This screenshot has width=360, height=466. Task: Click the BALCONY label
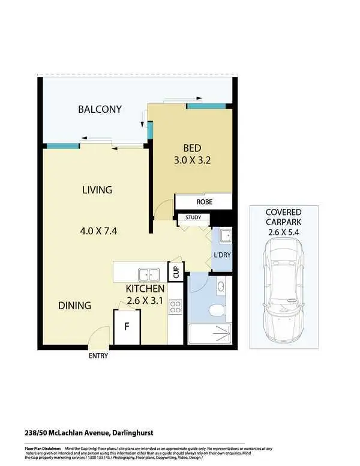100,109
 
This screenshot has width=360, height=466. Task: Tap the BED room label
192,148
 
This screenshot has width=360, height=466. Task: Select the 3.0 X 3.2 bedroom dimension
192,161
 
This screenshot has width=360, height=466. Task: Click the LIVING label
97,190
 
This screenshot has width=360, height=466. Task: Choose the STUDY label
193,218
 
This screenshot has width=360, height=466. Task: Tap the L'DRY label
221,255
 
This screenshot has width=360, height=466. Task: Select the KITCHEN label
145,289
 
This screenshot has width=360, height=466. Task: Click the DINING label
74,305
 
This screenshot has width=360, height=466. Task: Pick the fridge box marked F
127,328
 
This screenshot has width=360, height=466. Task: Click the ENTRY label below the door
98,356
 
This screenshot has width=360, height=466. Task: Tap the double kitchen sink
149,274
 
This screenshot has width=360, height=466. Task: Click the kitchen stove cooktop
176,307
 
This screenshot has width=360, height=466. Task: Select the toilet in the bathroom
217,310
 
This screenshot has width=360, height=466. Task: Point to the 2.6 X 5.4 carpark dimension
284,232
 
